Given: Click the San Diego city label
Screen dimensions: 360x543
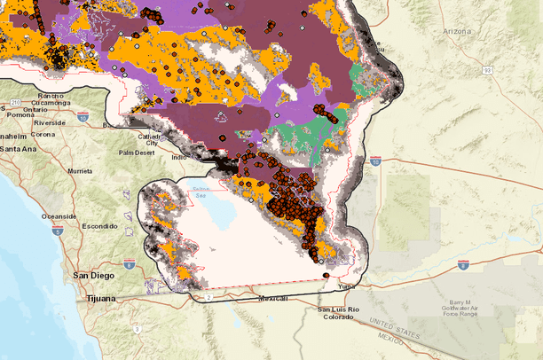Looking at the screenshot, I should (92, 276).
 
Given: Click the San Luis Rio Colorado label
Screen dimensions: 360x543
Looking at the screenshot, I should (340, 312).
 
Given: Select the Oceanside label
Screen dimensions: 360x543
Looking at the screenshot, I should (57, 215).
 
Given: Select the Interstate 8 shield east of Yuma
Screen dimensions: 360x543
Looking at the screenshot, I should (463, 264).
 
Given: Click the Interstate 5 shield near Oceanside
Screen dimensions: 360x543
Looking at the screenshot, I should (57, 230).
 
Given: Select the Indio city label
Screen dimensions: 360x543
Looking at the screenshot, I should (180, 158).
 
